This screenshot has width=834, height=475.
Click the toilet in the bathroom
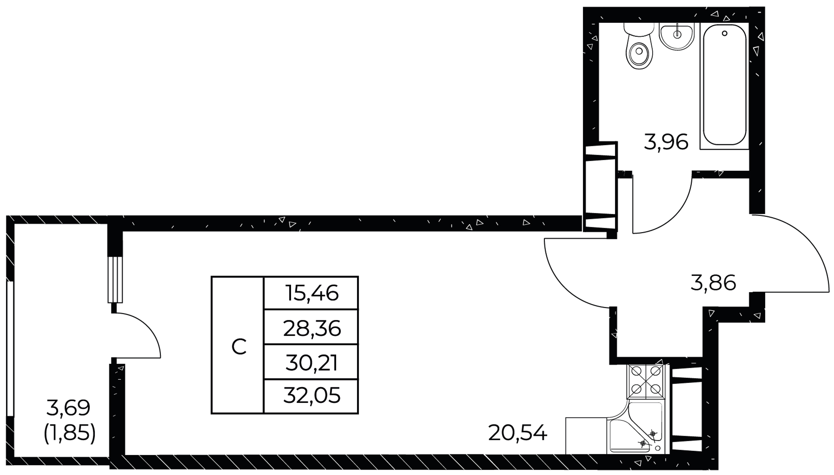(639, 47)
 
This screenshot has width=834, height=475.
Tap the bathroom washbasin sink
(676, 35)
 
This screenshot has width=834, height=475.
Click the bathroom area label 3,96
(666, 142)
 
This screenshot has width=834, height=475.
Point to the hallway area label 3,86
(713, 282)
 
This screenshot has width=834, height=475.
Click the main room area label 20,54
(518, 434)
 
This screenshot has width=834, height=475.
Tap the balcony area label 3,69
(68, 408)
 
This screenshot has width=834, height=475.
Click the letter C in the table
(239, 347)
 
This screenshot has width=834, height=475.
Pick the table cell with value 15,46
(311, 293)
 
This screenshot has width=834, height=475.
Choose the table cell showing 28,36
(311, 327)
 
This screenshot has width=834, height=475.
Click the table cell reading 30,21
(311, 362)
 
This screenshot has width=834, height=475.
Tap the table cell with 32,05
(311, 396)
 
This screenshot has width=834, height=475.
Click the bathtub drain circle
(724, 33)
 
